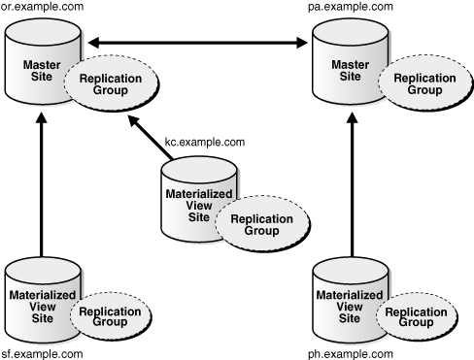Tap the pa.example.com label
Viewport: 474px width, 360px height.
[x=352, y=7]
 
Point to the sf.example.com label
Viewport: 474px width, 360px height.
[x=42, y=353]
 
